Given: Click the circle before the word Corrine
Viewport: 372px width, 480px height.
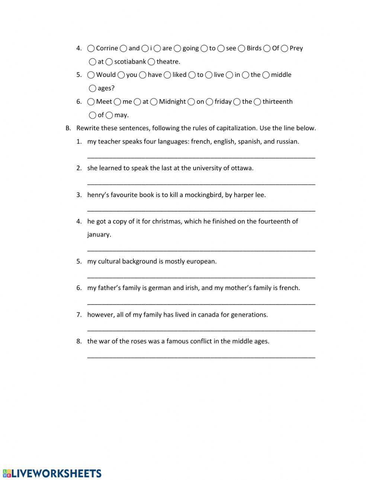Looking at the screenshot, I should (x=91, y=48).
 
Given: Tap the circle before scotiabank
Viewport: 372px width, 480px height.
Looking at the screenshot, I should (x=109, y=62).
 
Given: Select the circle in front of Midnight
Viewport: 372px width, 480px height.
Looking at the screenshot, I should (x=154, y=102).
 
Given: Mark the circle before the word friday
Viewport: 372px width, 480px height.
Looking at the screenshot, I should (x=209, y=102).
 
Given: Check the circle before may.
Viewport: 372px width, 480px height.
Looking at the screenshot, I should (x=109, y=115).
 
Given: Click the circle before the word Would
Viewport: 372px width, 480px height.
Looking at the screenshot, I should (x=91, y=75).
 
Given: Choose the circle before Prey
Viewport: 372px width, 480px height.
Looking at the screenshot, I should (x=285, y=48).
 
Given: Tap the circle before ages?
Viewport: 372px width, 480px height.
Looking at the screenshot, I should (x=93, y=88).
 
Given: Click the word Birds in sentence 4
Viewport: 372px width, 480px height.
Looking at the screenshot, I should (x=254, y=48).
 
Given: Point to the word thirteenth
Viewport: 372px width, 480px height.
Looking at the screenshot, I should (x=278, y=102).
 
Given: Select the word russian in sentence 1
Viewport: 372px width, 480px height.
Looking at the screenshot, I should (x=288, y=142).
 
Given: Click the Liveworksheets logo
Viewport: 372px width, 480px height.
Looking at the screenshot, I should (x=52, y=473).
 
